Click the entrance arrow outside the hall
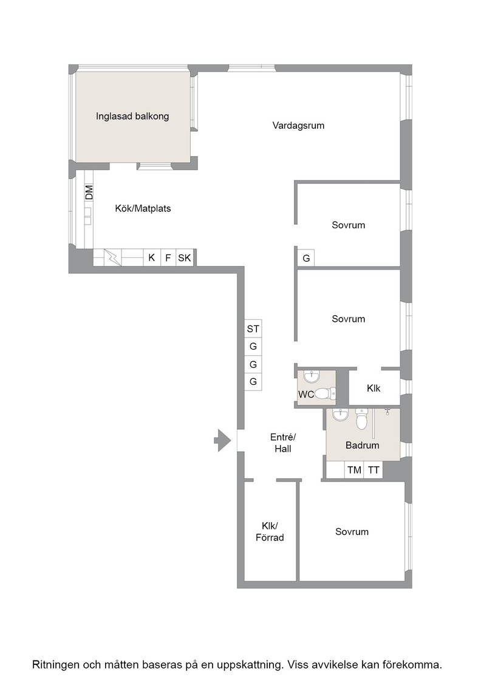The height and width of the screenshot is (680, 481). click(222, 441)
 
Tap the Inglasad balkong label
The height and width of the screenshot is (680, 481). click(132, 116)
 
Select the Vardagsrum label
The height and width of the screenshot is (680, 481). click(298, 125)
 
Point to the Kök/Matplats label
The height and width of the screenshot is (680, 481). click(143, 208)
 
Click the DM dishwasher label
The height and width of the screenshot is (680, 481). click(89, 192)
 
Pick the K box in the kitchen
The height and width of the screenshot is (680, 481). click(152, 257)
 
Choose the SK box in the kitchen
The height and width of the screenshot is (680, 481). click(185, 257)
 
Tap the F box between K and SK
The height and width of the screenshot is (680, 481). click(168, 257)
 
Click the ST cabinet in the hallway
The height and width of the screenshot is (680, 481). click(253, 328)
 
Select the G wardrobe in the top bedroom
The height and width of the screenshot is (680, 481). click(306, 259)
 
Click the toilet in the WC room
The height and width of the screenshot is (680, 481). click(324, 393)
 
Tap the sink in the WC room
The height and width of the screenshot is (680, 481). click(312, 376)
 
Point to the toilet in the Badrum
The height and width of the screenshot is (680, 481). click(362, 418)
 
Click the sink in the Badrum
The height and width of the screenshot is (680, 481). click(341, 415)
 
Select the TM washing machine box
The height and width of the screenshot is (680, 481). click(354, 470)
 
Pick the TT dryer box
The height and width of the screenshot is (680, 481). click(374, 470)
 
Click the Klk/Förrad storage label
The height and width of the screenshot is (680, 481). click(270, 532)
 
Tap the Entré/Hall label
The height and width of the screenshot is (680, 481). click(283, 443)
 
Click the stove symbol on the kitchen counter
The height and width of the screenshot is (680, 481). click(113, 257)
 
